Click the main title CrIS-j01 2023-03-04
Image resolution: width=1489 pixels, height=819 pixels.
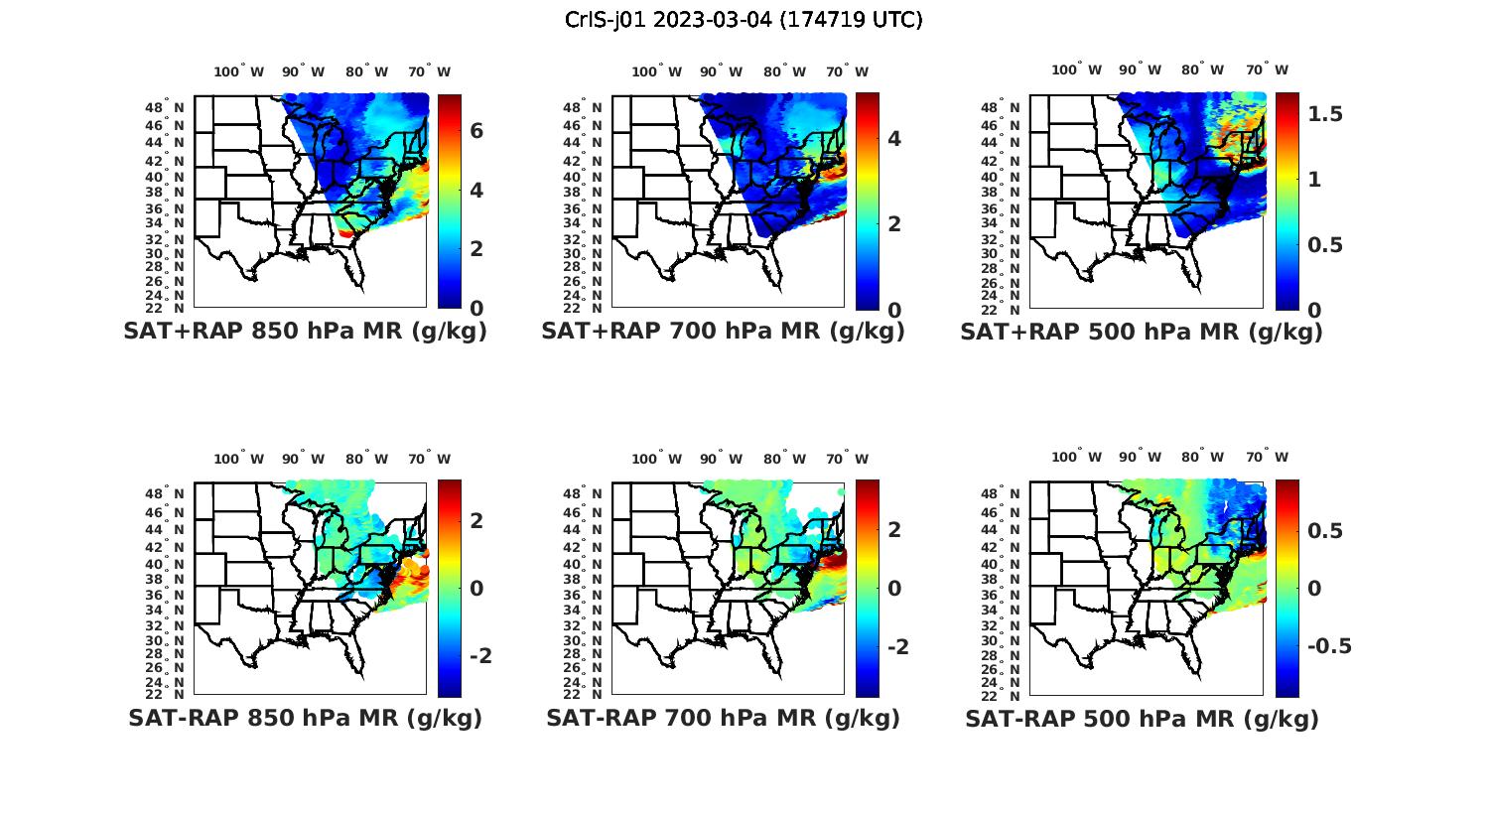point(744,20)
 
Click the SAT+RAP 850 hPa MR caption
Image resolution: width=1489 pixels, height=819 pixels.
point(305,332)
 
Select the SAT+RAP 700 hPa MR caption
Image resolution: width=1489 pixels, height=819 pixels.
point(723,332)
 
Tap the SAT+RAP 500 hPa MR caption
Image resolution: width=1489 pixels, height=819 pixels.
point(1142,332)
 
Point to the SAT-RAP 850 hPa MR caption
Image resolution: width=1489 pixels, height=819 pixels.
point(305,718)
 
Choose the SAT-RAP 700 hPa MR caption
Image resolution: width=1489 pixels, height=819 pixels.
point(723,718)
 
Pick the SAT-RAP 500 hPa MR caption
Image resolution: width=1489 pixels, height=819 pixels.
point(1142,718)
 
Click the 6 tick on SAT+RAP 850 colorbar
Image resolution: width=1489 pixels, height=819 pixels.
point(476,131)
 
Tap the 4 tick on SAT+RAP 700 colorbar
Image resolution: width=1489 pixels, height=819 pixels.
point(894,138)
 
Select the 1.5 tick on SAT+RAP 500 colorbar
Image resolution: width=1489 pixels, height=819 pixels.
point(1325,114)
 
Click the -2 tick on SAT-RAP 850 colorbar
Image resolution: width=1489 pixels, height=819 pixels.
point(479,656)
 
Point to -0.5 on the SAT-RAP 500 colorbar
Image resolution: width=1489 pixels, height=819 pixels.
point(1328,646)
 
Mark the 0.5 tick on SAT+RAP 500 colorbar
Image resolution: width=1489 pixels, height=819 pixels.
point(1325,245)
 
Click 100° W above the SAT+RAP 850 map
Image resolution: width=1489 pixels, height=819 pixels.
point(239,71)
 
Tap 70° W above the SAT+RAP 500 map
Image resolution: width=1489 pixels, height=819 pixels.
point(1267,69)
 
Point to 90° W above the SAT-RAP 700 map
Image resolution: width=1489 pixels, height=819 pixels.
point(721,459)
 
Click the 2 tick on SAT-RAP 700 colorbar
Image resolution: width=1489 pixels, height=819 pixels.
point(894,530)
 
